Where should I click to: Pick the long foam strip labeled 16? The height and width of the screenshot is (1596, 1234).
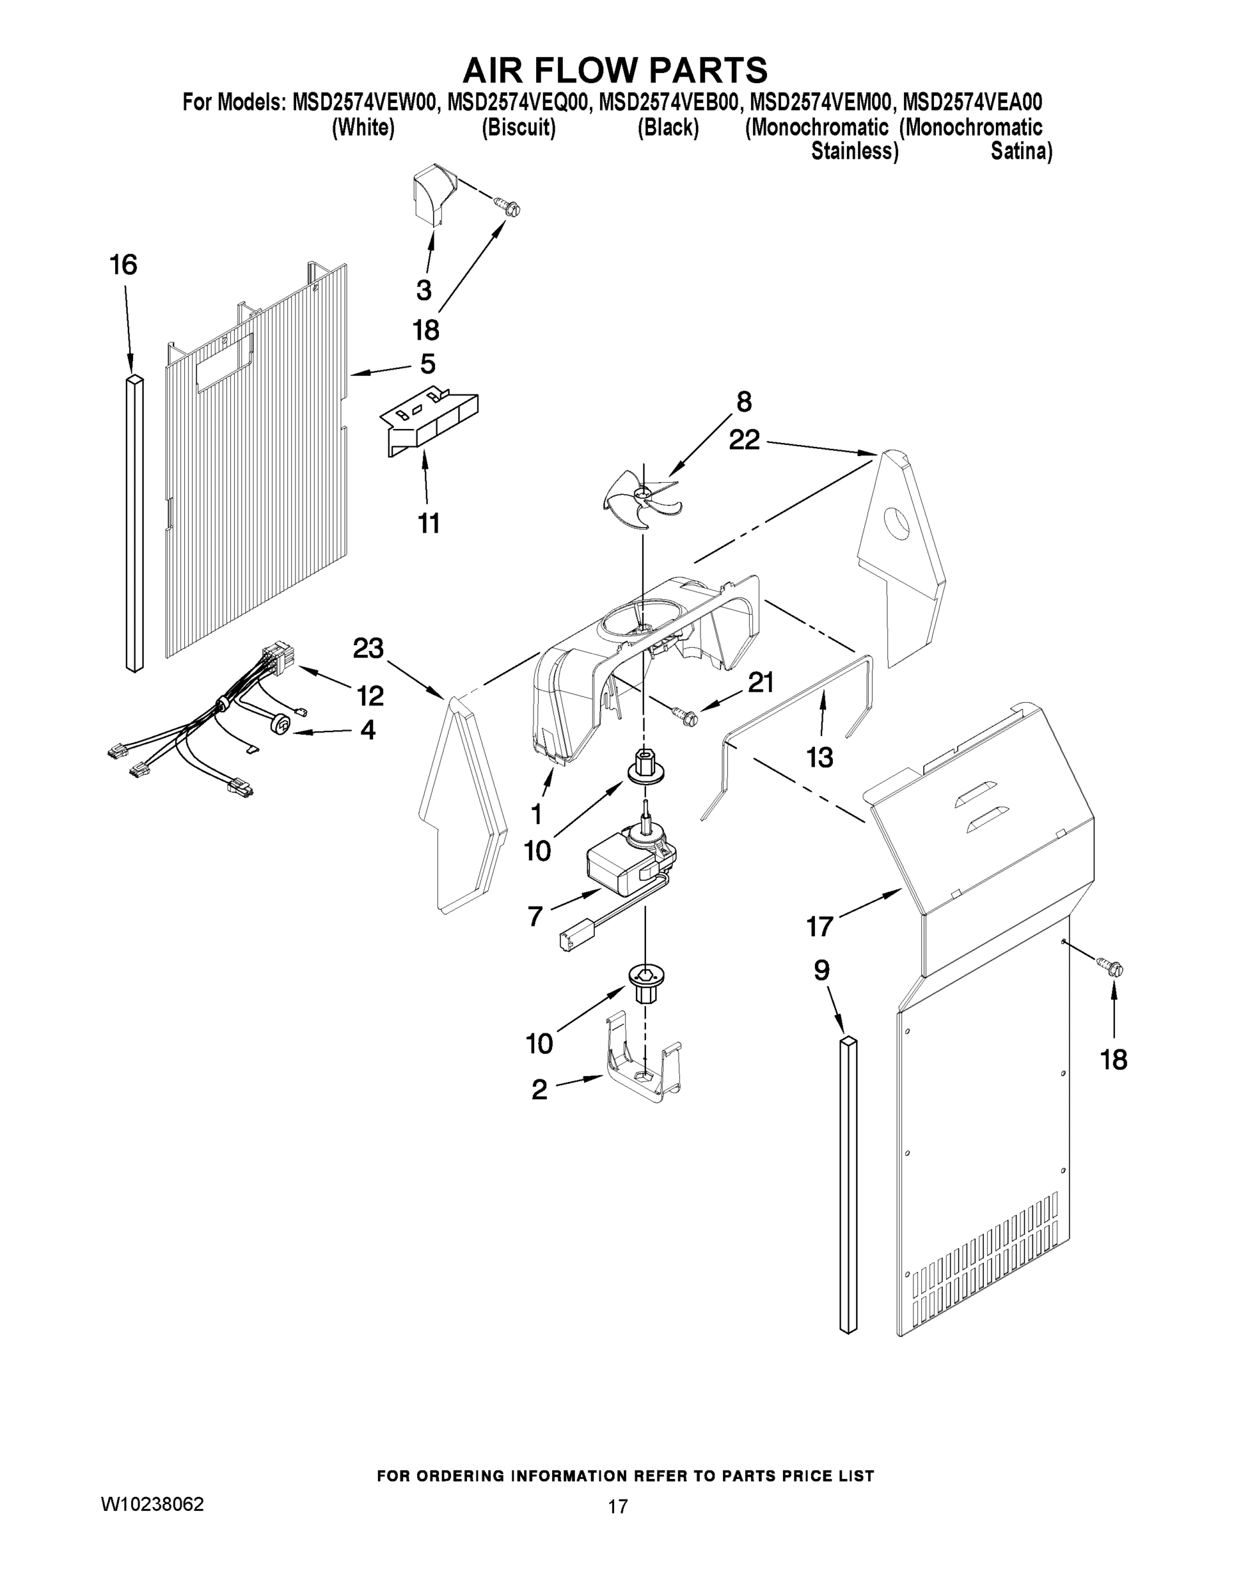pyautogui.click(x=134, y=523)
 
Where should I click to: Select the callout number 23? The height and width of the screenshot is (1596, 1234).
pyautogui.click(x=368, y=648)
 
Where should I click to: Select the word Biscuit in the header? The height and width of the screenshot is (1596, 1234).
pyautogui.click(x=518, y=127)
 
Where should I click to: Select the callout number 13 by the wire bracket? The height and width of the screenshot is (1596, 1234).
pyautogui.click(x=820, y=757)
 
